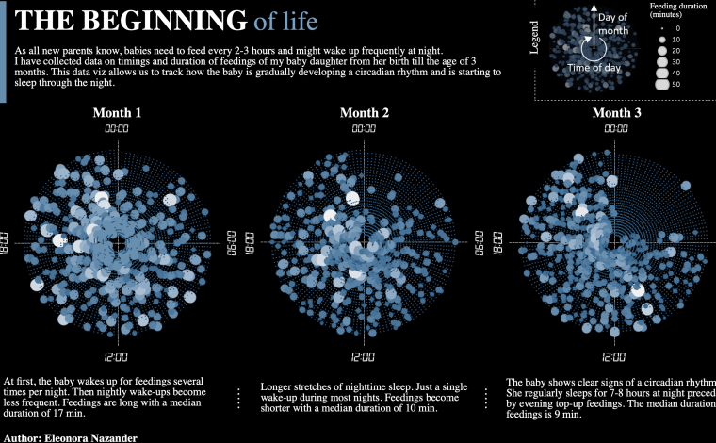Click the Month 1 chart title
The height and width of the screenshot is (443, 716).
(117, 113)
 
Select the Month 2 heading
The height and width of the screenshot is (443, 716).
(364, 113)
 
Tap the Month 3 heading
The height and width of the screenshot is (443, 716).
(616, 113)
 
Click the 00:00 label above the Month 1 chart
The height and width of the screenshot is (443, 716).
(117, 128)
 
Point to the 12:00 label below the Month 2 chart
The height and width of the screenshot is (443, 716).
(364, 357)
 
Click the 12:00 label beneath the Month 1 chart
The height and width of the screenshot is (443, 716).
(117, 357)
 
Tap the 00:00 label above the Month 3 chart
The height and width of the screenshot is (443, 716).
(616, 128)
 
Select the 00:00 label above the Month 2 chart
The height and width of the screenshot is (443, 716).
(364, 128)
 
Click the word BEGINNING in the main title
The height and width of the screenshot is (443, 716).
(164, 20)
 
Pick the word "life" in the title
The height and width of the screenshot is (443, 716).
(300, 21)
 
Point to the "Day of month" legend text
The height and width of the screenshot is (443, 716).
(613, 25)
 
